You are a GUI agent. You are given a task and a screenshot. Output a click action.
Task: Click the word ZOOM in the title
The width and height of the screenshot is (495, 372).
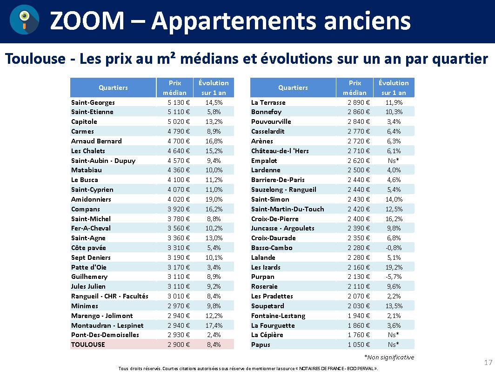[x=87, y=20]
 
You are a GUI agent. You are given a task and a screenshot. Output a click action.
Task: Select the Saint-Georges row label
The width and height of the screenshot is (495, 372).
[x=93, y=102]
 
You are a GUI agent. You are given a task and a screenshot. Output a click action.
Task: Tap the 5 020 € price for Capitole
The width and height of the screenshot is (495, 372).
[x=179, y=122]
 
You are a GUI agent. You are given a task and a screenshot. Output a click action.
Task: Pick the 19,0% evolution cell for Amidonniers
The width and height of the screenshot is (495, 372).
[x=214, y=199]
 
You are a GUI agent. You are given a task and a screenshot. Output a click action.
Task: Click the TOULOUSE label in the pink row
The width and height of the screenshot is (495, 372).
[x=88, y=345]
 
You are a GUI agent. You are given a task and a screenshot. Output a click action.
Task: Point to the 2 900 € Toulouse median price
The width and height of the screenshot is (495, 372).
[x=179, y=345]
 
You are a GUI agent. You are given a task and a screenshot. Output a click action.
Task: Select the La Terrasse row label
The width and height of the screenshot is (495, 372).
[x=268, y=102]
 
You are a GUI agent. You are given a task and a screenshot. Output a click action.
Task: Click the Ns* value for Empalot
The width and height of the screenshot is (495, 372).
[x=394, y=161]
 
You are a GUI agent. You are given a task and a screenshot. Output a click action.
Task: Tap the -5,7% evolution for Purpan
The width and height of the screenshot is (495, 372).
[x=394, y=277]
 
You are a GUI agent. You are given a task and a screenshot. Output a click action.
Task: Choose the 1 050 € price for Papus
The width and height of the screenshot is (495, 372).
[x=359, y=345]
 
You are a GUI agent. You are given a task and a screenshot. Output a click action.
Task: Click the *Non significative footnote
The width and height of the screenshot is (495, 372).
[x=389, y=357]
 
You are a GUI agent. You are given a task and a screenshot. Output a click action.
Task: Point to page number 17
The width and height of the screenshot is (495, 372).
[x=488, y=363]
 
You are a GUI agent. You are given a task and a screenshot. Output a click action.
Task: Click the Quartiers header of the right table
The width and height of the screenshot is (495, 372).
[x=293, y=88]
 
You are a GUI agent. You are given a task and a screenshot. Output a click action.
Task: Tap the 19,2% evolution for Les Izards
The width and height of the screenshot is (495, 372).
[x=394, y=267]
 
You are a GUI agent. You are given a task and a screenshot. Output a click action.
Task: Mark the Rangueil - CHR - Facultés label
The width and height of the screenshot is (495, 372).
[x=110, y=296]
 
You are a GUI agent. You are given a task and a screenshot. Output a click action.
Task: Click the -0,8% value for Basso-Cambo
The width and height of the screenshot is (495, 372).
[x=394, y=248]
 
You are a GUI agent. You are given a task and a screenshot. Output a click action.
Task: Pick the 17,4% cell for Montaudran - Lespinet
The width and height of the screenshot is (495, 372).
[x=214, y=325]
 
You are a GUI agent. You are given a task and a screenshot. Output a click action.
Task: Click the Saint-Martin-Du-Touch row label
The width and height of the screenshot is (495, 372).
[x=288, y=209]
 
